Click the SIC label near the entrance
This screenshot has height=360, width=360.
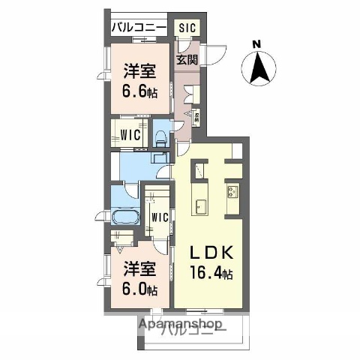tap(187, 28)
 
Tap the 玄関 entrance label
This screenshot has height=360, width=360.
tap(187, 59)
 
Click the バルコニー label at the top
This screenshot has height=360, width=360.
tap(138, 28)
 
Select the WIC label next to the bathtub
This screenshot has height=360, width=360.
tap(158, 217)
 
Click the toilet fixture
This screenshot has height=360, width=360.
tap(160, 137)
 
